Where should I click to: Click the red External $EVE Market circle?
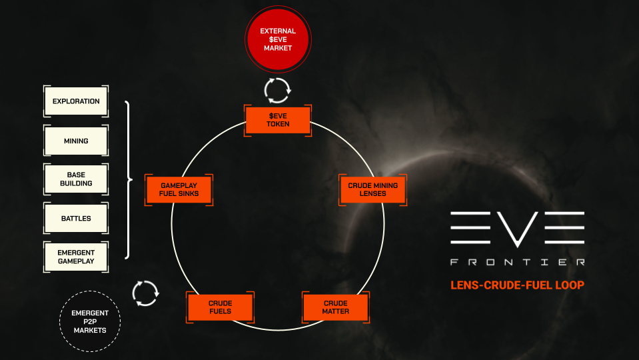coord(278,39)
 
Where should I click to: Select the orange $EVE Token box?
coord(278,120)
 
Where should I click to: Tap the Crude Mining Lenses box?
coord(373,189)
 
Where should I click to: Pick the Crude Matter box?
coord(336,307)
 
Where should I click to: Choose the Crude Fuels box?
coord(221,307)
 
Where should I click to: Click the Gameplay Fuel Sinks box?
coord(179,189)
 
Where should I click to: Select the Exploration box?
coord(76,101)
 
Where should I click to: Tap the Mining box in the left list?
coord(76,141)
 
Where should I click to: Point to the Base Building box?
coord(76,179)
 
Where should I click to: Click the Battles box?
coord(76,218)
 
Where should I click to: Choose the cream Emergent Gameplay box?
coord(76,257)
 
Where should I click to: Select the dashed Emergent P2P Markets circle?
coord(90,321)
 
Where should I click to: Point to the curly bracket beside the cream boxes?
coord(128,179)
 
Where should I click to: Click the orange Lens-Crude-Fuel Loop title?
coord(517,285)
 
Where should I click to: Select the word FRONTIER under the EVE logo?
coord(518,262)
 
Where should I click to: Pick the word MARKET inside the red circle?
coord(278,48)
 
